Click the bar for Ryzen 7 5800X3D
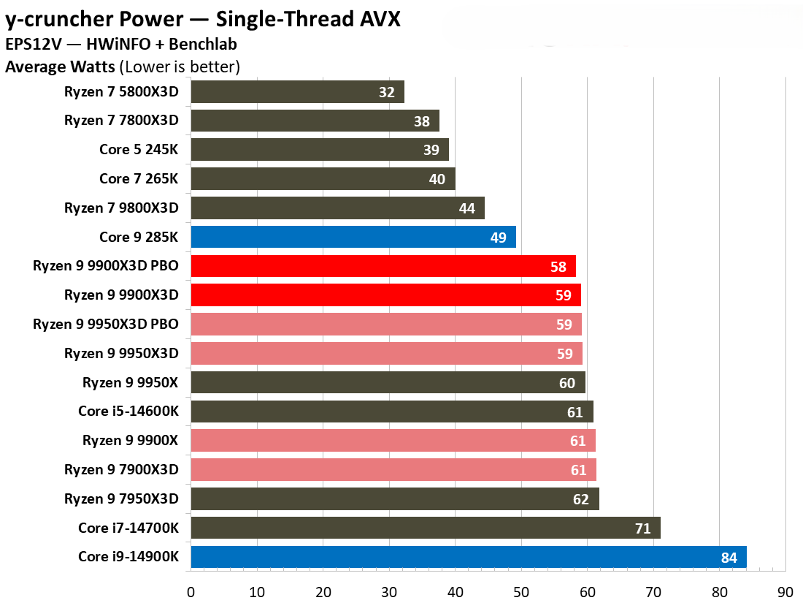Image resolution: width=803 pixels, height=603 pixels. [297, 92]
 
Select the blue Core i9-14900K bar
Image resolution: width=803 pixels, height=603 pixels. [468, 557]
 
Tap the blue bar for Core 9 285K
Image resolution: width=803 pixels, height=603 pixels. [353, 237]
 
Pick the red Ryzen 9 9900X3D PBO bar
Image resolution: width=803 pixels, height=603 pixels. [383, 266]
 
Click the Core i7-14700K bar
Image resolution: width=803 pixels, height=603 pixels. [425, 528]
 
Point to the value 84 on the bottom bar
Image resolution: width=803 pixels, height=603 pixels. [729, 558]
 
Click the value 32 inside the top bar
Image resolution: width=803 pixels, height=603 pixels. [387, 92]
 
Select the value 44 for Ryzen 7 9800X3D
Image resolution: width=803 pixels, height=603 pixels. [467, 208]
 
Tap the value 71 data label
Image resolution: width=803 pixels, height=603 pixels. [643, 528]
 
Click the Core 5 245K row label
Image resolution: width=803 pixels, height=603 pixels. [139, 150]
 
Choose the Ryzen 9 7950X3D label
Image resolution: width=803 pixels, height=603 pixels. [121, 499]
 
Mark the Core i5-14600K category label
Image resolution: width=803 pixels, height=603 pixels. [128, 412]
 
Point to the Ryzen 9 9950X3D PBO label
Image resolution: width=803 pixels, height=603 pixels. [106, 324]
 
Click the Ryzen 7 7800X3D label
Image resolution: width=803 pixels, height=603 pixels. [121, 121]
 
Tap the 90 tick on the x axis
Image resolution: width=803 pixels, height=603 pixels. [785, 591]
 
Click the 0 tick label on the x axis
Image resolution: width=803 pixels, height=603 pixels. [191, 591]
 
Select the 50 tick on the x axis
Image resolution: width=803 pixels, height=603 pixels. [521, 591]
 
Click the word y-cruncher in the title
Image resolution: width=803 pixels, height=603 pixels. [69, 19]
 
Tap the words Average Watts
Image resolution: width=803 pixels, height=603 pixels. [60, 67]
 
